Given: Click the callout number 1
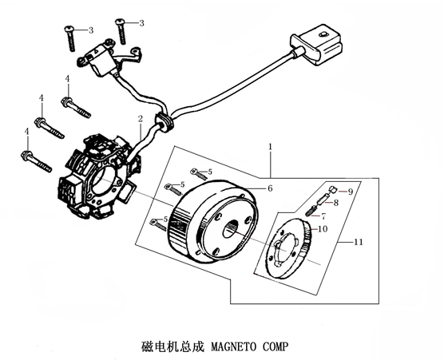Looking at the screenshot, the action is pos(271,147).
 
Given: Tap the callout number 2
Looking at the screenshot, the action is pos(141,119).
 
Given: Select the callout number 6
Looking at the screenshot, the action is pos(270,188).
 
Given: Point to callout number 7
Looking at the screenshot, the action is pos(323,216).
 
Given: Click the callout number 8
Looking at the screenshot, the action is pos(336,203).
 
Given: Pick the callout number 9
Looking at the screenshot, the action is pos(351,192).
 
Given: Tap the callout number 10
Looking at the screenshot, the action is pos(323,228).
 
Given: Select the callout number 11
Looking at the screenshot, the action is pos(359,242).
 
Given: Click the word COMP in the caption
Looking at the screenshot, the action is pos(276,346).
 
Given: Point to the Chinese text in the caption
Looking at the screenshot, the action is pos(172,346).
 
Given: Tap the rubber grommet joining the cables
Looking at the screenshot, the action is pos(165,121).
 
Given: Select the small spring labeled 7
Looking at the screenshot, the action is pos(311,211).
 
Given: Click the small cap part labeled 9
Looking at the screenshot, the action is pos(333,188).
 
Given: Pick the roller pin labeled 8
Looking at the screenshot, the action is pos(323,199).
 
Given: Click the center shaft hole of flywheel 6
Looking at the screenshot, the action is pos(232,228).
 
